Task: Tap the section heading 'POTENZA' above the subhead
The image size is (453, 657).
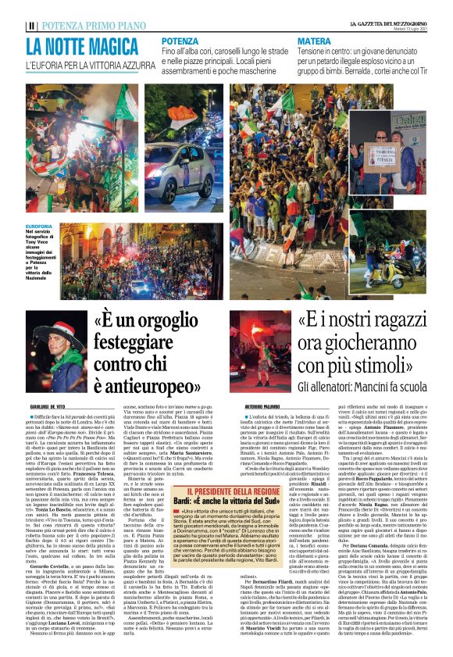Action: (x=181, y=40)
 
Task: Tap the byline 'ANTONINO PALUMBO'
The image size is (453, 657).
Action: (x=254, y=408)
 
